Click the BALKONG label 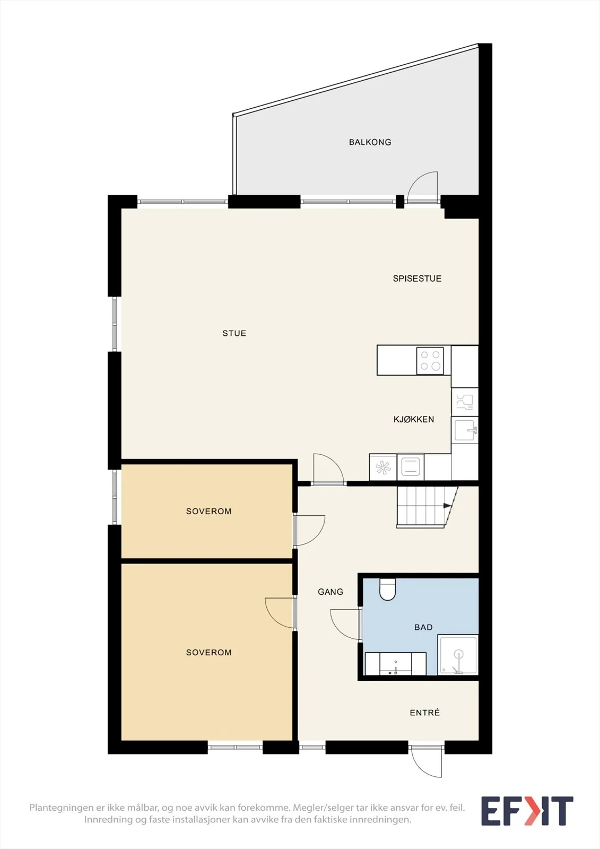point(370,142)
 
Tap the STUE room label point(234,333)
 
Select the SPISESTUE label point(417,279)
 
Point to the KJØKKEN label point(413,419)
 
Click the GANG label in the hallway point(331,592)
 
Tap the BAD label point(423,627)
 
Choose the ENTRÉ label point(425,713)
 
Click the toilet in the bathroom point(387,589)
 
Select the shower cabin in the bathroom point(458,655)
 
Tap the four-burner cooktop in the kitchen point(430,360)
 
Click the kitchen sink point(465,430)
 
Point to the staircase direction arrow point(447,506)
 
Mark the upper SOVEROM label point(208,511)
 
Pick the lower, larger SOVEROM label point(208,652)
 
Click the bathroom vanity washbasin point(395,663)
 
